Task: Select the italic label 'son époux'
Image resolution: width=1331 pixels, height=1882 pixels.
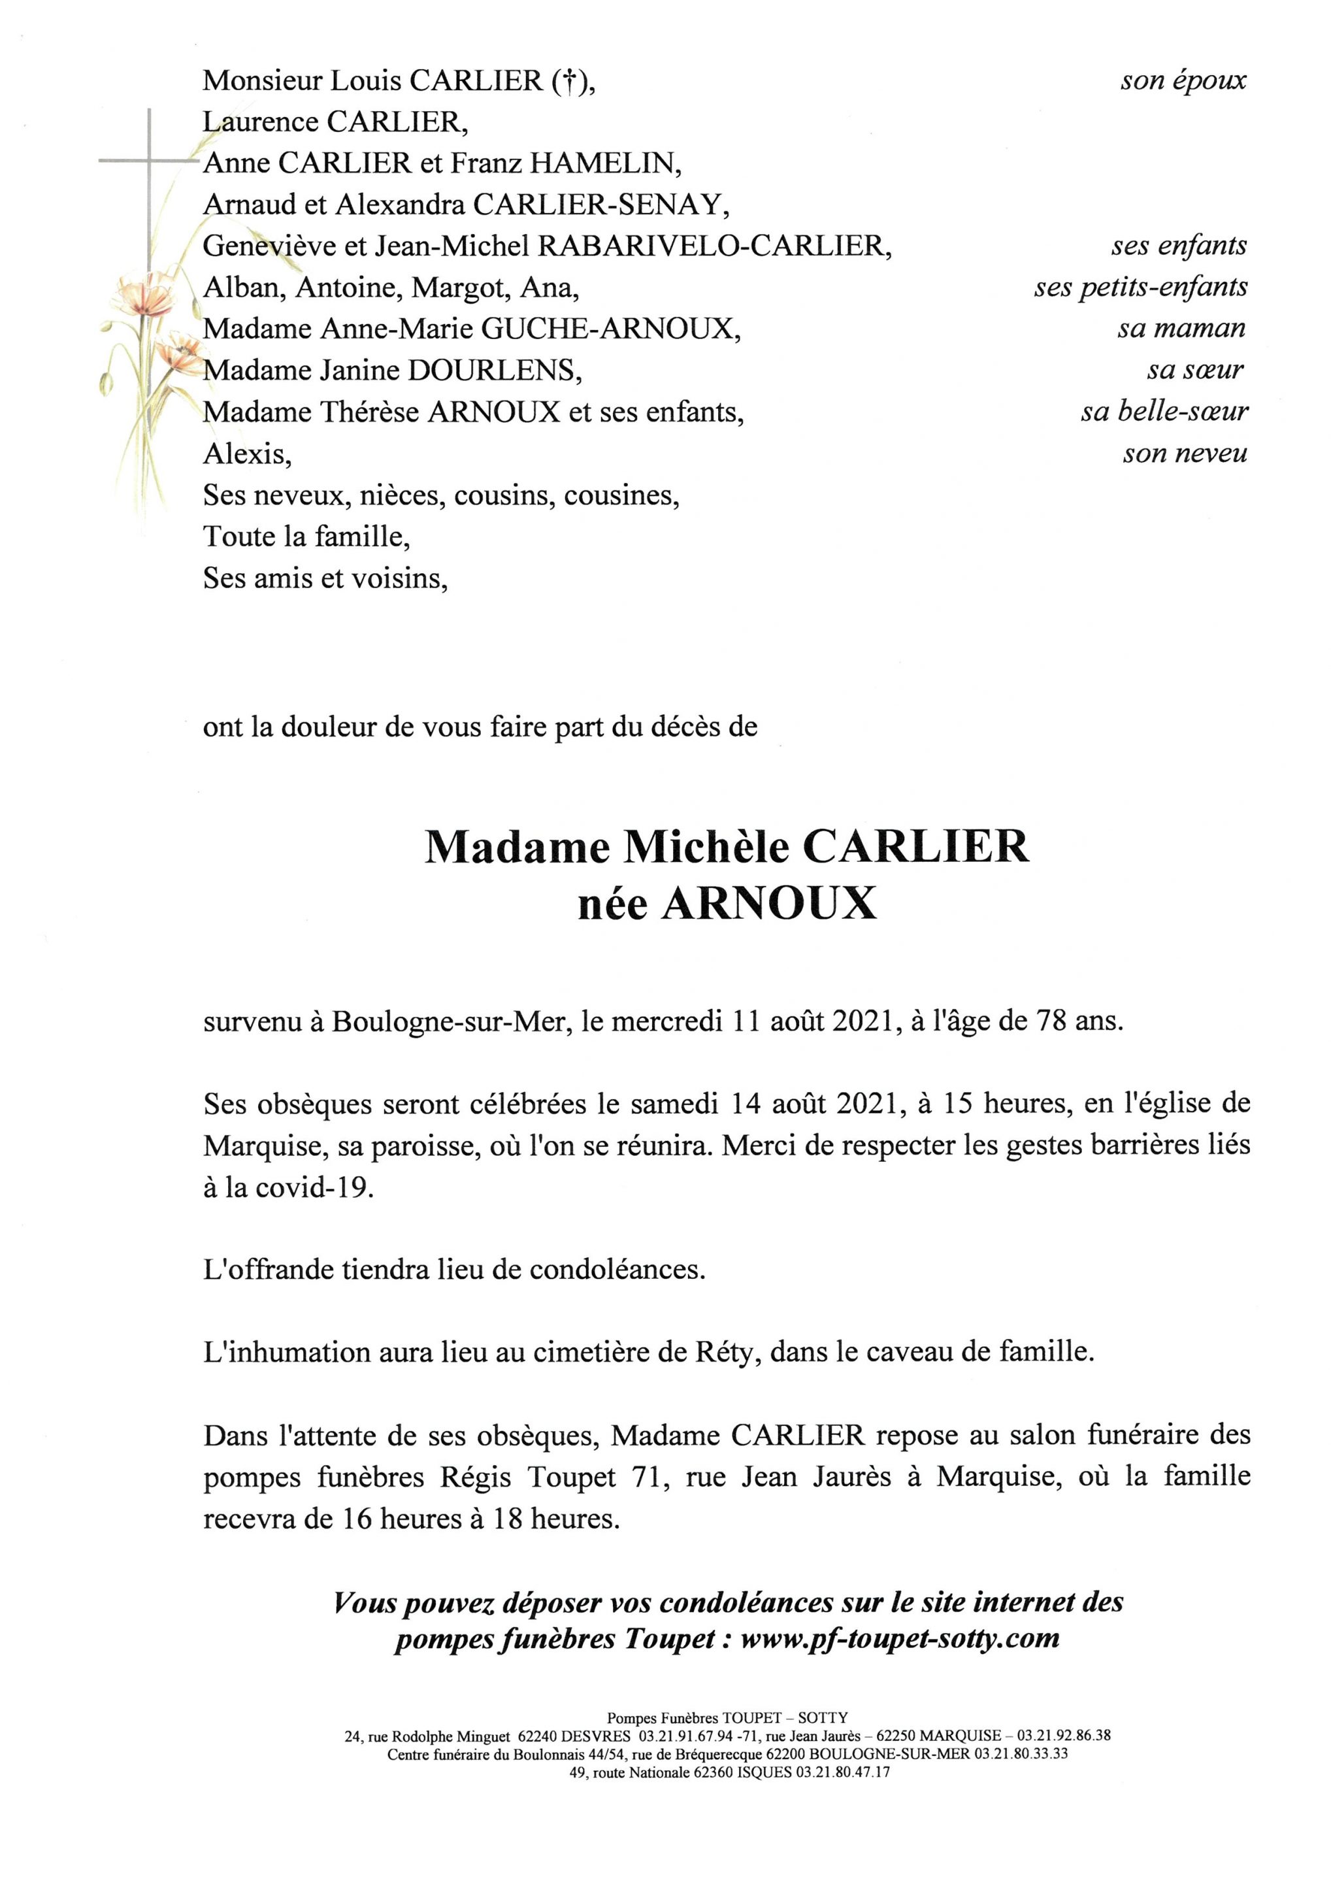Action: click(x=1183, y=80)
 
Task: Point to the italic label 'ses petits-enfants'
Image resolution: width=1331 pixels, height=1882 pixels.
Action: click(x=1140, y=287)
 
